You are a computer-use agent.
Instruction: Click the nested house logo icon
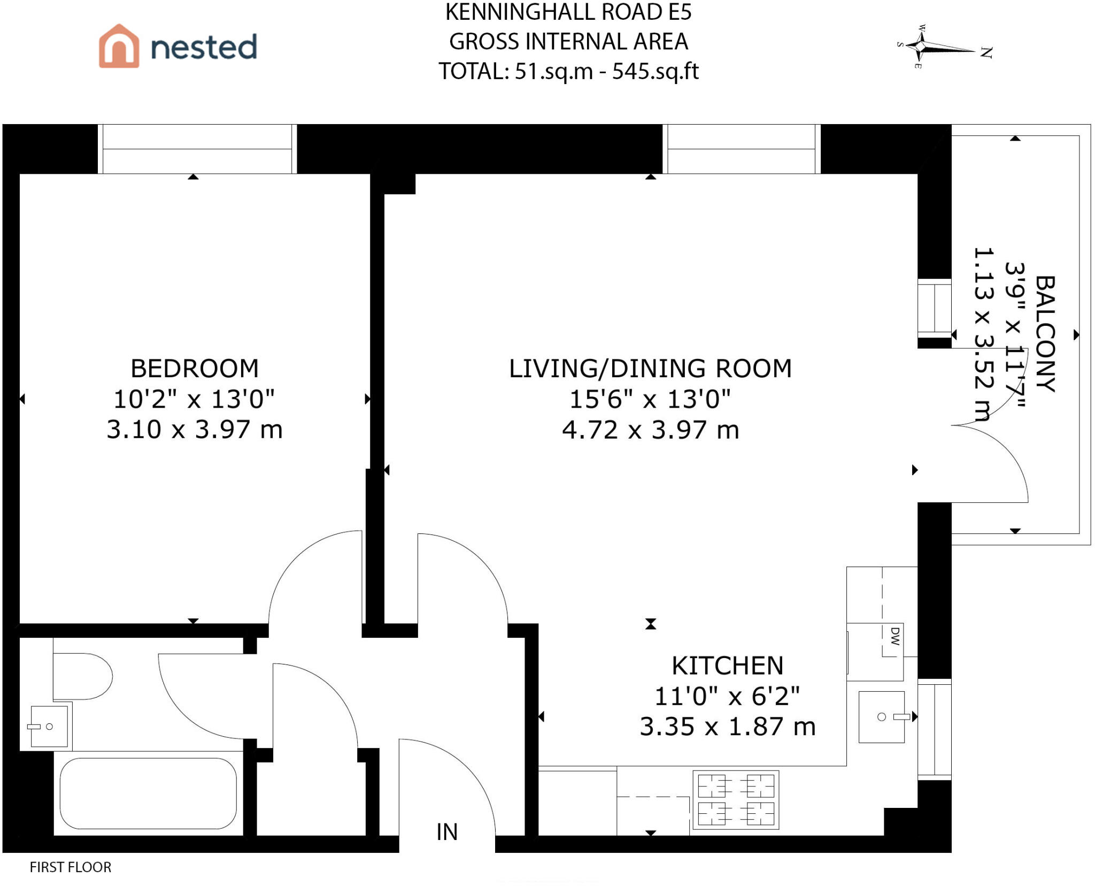click(x=119, y=46)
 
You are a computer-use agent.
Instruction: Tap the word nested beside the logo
click(x=204, y=47)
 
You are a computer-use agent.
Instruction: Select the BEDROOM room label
click(x=195, y=368)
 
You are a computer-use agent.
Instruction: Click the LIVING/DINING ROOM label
click(x=650, y=368)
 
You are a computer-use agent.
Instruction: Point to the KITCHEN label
click(x=728, y=666)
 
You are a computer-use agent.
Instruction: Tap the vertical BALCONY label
click(x=1045, y=334)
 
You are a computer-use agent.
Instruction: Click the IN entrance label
click(x=447, y=832)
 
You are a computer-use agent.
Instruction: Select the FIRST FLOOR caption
click(x=71, y=867)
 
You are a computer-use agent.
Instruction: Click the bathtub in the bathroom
click(x=148, y=793)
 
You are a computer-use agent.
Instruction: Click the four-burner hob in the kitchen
click(x=736, y=800)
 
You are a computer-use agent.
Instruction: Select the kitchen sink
click(x=882, y=717)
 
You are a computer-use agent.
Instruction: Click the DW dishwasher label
click(x=895, y=636)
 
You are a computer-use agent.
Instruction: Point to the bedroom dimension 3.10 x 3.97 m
click(x=195, y=430)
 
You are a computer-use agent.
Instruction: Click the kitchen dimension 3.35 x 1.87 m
click(x=728, y=727)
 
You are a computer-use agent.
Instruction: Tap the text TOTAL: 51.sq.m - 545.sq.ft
click(x=568, y=72)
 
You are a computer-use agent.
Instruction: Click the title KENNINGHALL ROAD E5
click(x=568, y=12)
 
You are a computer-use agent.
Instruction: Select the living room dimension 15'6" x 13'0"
click(x=650, y=399)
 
